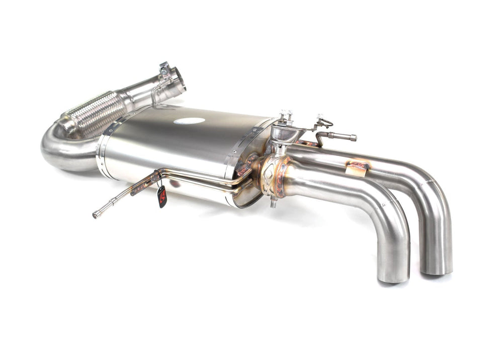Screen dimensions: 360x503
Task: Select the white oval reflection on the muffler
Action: pyautogui.click(x=189, y=121)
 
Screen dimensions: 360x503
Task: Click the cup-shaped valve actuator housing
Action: pyautogui.click(x=283, y=133)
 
